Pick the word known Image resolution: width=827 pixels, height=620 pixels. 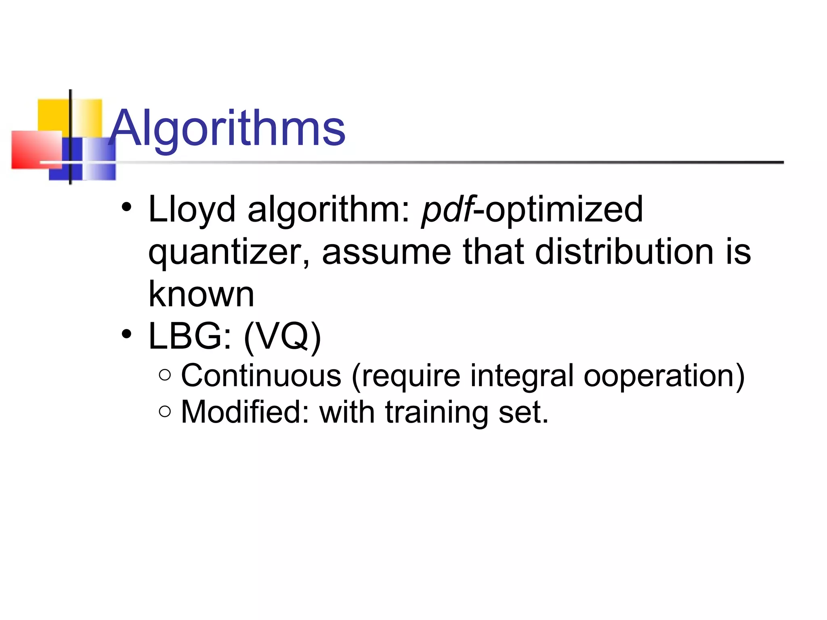pos(201,294)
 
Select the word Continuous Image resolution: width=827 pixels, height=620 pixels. pos(261,376)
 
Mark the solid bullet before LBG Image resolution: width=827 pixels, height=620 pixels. pos(127,334)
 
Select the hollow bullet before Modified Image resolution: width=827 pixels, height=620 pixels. pos(165,411)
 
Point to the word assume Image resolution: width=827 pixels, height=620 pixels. pos(386,252)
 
